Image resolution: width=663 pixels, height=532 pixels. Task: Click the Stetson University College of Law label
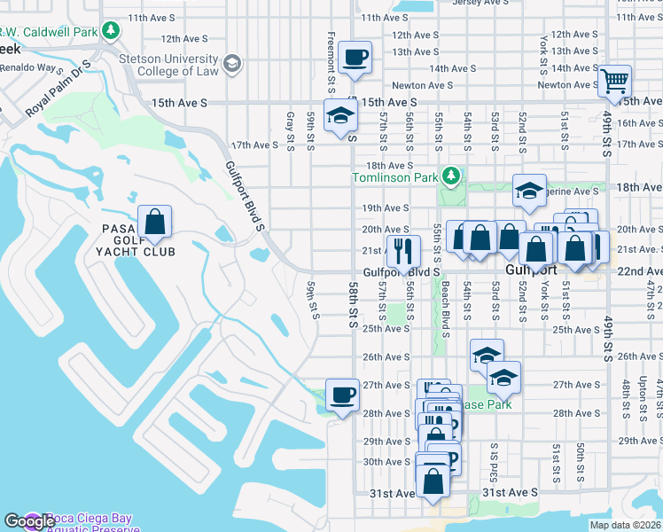168,66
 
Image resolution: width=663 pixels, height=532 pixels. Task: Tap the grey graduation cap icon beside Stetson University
231,62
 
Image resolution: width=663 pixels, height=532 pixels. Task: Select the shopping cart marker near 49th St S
613,82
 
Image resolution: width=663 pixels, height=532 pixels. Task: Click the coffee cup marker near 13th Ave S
355,58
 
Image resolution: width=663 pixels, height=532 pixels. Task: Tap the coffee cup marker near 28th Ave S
343,395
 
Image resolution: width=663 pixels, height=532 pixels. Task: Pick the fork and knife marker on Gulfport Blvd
402,251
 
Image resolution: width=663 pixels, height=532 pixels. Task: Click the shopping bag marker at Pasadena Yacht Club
154,223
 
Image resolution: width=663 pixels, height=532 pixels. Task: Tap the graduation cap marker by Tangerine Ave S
529,192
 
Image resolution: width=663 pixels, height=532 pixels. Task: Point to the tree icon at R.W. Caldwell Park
110,32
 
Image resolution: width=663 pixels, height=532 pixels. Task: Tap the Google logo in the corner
28,521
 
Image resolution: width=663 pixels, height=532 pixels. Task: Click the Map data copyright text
626,525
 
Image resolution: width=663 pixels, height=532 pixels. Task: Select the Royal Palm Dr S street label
58,89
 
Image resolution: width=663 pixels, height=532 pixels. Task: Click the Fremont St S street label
331,53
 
